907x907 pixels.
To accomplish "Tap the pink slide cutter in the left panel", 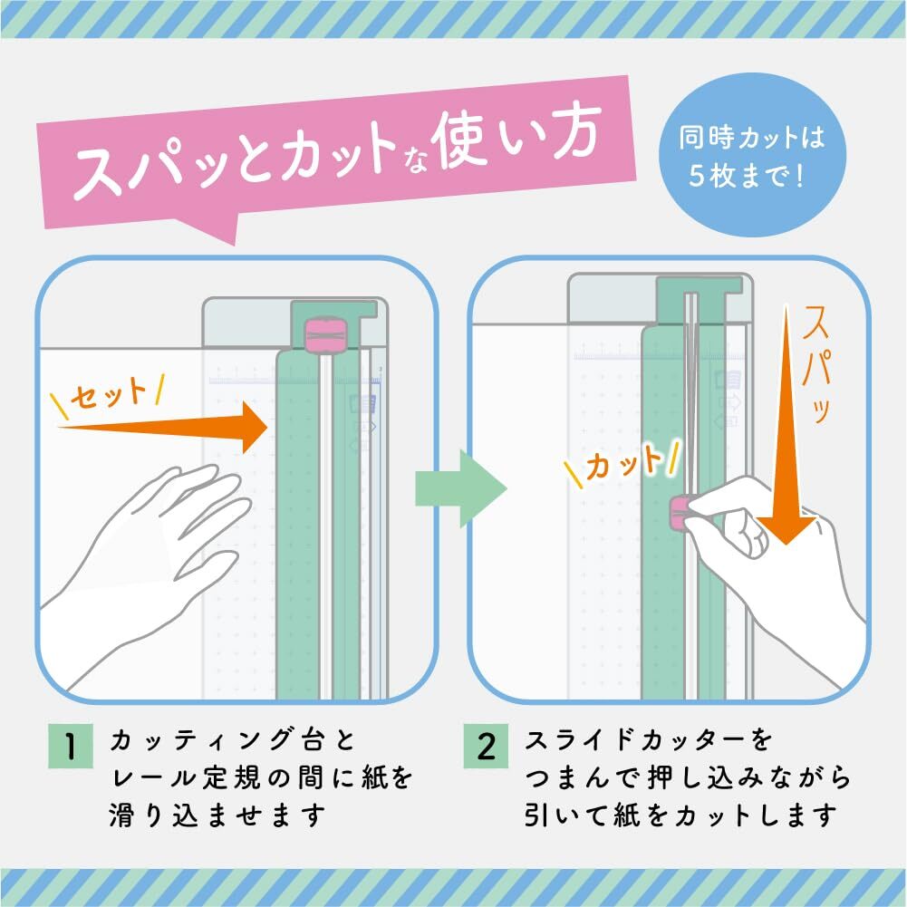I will (x=324, y=334).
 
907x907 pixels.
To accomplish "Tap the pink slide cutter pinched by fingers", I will (x=679, y=514).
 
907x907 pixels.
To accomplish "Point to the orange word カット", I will (x=624, y=464).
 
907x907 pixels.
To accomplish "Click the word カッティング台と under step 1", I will (x=231, y=740).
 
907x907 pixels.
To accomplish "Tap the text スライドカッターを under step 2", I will (x=649, y=740).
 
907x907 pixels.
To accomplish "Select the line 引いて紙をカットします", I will (x=679, y=815).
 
